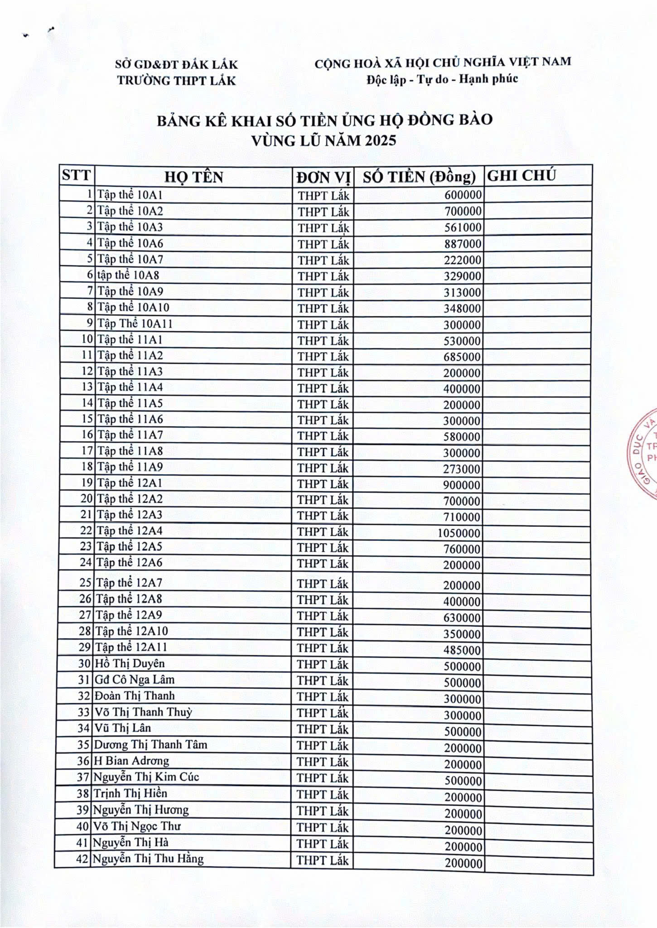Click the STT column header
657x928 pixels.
pos(76,175)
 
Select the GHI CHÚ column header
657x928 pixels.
pos(521,176)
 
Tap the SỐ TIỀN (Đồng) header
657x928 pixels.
pos(419,177)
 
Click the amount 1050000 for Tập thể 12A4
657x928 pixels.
pos(459,533)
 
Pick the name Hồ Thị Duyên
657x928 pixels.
pos(130,664)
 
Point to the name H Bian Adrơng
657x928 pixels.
pos(131,761)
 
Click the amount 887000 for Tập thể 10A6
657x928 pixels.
pos(462,244)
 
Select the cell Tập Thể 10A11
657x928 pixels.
pos(135,324)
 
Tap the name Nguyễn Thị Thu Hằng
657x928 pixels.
pos(148,859)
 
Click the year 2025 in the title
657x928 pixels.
pos(380,140)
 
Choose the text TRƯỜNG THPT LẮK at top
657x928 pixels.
pos(176,81)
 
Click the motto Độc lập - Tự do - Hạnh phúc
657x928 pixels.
pos(442,79)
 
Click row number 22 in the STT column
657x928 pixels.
pos(86,531)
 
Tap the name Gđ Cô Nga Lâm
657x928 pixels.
pos(134,680)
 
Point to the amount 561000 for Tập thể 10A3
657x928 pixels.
pos(462,227)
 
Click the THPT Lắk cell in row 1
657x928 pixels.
pos(324,196)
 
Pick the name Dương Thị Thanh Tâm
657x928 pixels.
pos(150,744)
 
